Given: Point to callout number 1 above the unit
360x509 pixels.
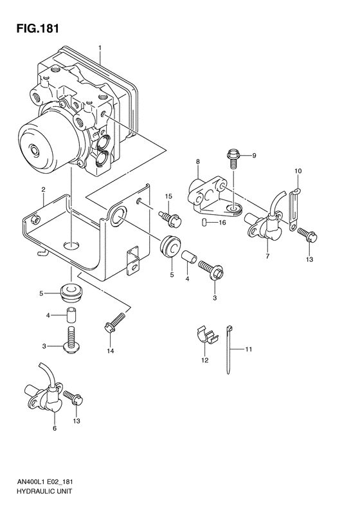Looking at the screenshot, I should tap(100, 48).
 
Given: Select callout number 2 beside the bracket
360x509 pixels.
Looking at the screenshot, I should tap(42, 189).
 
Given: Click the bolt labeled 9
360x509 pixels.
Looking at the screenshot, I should tap(233, 156).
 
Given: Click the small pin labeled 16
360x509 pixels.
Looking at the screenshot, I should tap(204, 223).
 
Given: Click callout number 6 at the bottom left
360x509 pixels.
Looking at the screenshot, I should tap(55, 427).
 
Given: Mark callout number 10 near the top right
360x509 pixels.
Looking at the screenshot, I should tap(298, 171).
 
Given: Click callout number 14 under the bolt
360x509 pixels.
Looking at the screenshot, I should tap(111, 350).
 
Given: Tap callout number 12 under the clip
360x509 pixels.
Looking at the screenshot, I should tap(204, 360).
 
